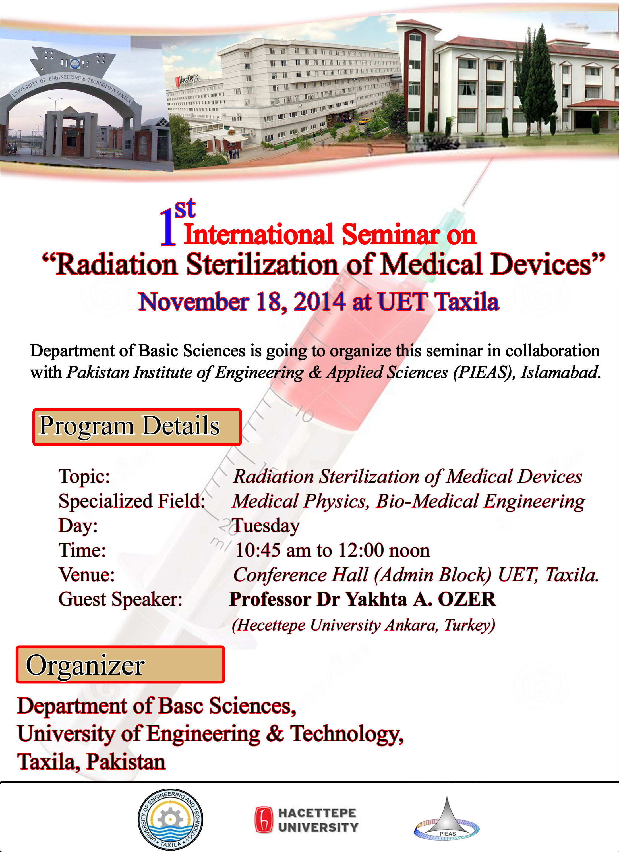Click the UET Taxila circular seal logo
(170, 819)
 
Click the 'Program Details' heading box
(137, 427)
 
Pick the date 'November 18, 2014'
(242, 302)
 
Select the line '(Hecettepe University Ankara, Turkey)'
(363, 625)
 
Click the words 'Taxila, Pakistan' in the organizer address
(91, 762)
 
